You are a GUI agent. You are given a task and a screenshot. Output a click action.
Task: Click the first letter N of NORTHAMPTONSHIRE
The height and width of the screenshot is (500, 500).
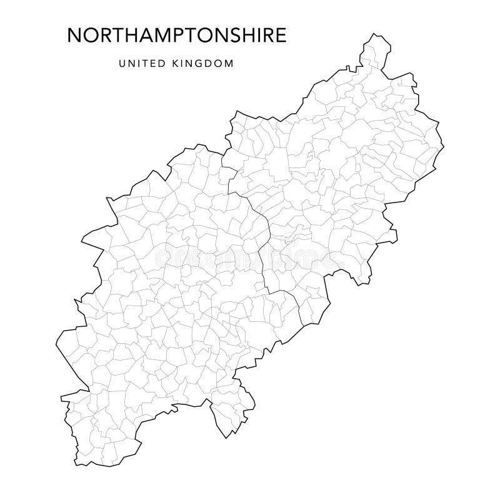72,36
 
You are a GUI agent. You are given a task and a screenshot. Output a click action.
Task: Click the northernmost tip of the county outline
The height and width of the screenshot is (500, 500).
377,36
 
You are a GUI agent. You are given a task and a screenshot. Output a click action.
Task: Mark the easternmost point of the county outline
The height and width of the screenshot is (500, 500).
444,148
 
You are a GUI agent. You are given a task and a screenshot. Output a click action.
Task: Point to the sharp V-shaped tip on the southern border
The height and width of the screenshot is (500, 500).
223,436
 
